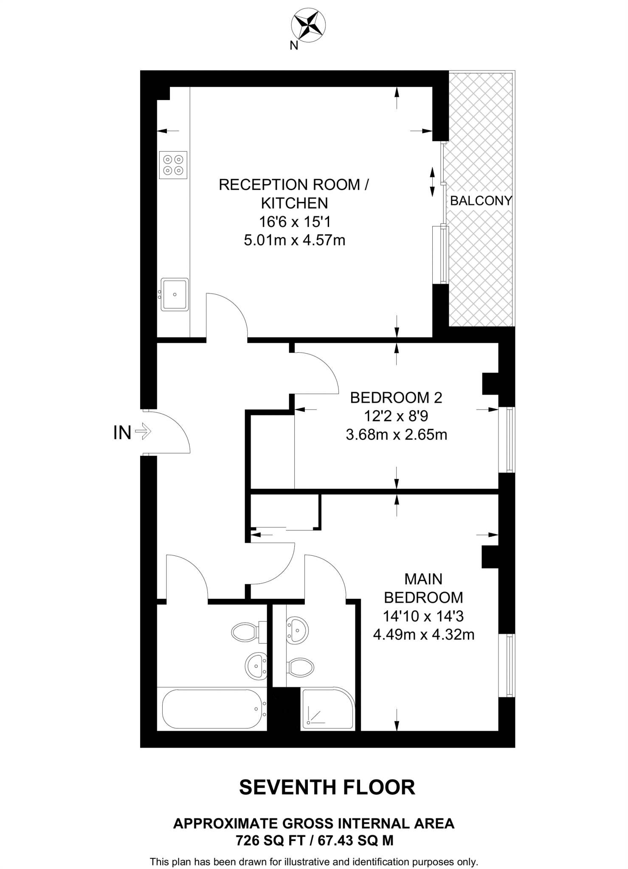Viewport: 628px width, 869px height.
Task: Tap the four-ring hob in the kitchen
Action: [x=173, y=165]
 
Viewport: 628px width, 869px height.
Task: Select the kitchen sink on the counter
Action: [x=174, y=294]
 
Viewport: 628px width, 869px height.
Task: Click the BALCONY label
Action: [x=481, y=201]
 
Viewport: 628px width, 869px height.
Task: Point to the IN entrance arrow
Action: [x=143, y=432]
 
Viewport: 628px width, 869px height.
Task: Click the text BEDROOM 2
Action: [x=396, y=398]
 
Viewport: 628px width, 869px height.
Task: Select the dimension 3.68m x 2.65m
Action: [x=396, y=435]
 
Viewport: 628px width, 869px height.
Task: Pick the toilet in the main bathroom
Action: [x=246, y=632]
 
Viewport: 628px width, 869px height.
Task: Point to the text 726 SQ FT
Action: [x=270, y=840]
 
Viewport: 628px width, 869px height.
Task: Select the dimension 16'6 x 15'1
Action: [x=295, y=222]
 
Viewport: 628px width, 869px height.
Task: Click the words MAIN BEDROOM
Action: [x=423, y=588]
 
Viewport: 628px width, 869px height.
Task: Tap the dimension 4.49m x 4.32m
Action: [x=423, y=635]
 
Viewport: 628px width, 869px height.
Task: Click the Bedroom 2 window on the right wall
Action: [x=506, y=440]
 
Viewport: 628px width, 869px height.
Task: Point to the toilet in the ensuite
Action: [x=301, y=667]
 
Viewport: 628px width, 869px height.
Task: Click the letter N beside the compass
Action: [x=294, y=45]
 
